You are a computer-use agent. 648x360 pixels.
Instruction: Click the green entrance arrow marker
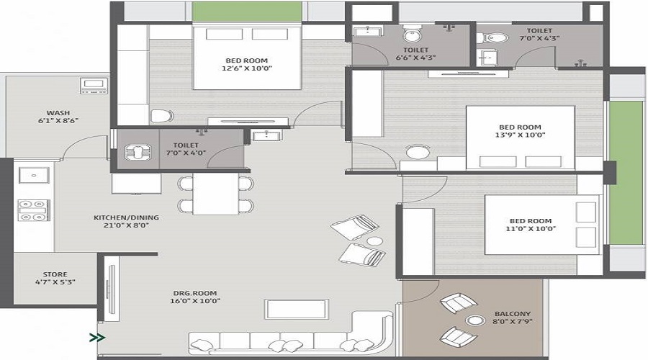click(97, 336)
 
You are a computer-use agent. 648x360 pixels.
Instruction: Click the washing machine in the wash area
click(94, 88)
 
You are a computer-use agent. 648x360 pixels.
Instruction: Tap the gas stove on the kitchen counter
click(33, 210)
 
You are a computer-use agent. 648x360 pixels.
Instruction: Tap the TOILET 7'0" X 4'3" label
click(539, 35)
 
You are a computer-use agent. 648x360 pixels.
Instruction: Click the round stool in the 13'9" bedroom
click(417, 153)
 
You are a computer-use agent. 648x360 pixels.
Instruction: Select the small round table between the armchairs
click(374, 241)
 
